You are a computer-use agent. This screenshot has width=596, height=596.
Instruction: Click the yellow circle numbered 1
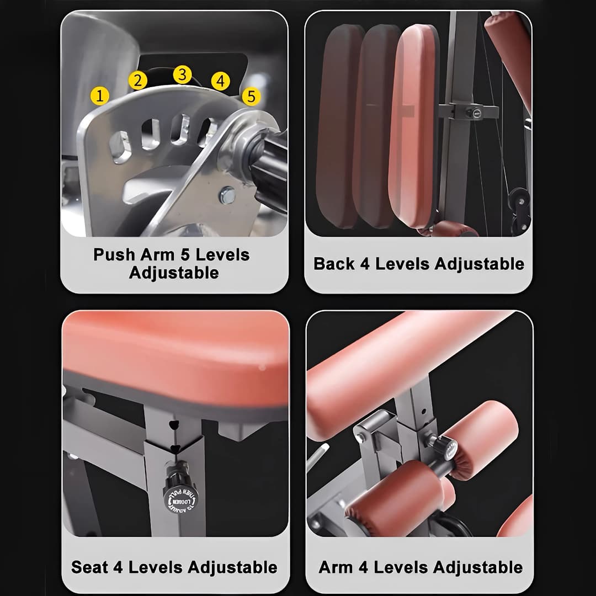coord(99,96)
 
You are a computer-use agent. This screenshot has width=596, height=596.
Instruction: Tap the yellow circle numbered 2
coord(137,81)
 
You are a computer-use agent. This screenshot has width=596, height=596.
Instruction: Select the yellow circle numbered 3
coord(182,74)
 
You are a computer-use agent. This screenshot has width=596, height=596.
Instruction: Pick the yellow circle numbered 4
coord(220,82)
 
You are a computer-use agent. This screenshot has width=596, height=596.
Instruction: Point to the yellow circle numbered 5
coord(251,97)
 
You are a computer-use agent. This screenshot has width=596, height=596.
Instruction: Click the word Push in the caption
coord(114,255)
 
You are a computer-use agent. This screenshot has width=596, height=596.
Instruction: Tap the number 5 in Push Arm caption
coord(185,255)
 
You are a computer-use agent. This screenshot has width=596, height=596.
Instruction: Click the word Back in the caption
coord(334,264)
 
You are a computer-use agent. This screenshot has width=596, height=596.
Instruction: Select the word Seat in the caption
coord(90,567)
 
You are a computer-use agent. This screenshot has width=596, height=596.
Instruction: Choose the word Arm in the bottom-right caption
coord(336,567)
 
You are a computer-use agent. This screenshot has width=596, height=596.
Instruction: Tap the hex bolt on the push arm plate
coord(226,194)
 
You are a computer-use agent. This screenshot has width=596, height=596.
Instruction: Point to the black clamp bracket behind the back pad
coord(468,111)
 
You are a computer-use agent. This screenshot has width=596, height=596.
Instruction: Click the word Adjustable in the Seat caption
coord(232,567)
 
